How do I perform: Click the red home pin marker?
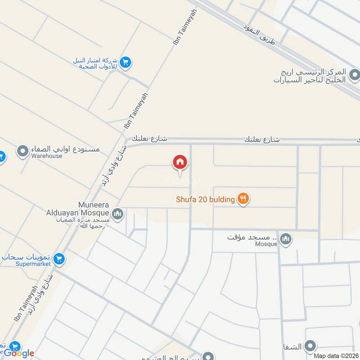179,162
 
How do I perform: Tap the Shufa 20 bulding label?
205,199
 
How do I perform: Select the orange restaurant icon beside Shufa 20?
243,198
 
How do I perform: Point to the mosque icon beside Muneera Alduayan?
118,213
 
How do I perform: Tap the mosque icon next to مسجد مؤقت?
285,239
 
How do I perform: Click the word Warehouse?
47,156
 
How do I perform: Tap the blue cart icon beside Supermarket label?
58,259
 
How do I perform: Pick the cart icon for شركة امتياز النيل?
126,63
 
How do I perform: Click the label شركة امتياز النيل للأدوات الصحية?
96,63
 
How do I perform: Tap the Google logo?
18,353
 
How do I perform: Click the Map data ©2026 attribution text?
336,355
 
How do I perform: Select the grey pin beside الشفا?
310,346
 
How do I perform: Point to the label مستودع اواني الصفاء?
66,149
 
